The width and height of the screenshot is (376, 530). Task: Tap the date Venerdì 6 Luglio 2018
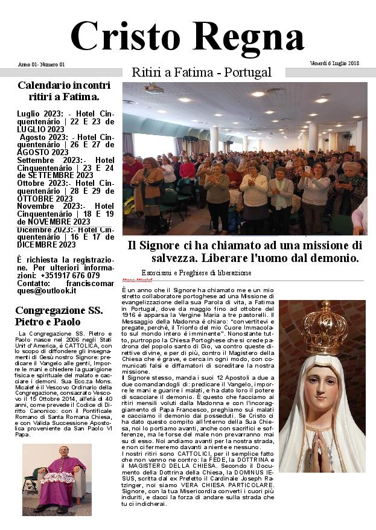pos(334,63)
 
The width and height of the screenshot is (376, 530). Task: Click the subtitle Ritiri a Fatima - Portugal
pos(201,72)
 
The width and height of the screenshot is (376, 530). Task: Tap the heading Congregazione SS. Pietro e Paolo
pos(59,316)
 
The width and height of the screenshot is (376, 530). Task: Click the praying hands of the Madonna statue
pos(321,441)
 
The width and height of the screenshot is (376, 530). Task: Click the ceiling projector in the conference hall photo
pos(154,89)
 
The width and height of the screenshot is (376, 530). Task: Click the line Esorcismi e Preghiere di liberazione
pos(196,273)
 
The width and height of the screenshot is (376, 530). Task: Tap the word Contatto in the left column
pos(32,283)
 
